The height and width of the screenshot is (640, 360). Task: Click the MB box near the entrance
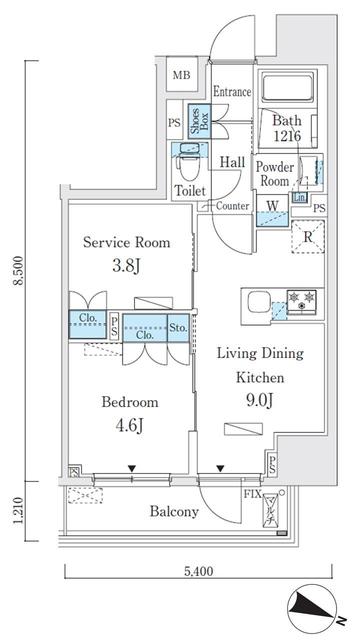click(182, 75)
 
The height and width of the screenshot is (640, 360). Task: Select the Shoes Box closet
click(197, 122)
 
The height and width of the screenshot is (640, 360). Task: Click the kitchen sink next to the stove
click(258, 301)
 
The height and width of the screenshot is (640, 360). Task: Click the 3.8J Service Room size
click(125, 266)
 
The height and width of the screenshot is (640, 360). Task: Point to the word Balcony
click(175, 512)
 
